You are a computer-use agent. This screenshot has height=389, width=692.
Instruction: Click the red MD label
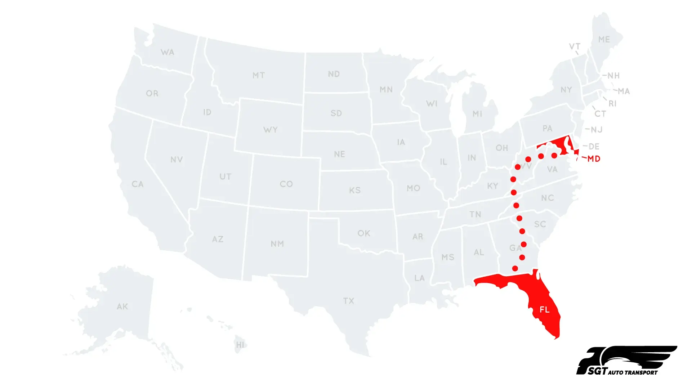[594, 159]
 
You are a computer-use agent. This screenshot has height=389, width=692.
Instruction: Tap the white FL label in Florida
[544, 310]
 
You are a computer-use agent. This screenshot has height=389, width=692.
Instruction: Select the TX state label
[349, 301]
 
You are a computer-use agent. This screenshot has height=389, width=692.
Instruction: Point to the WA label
[168, 53]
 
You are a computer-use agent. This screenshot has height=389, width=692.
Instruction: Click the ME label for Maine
[604, 40]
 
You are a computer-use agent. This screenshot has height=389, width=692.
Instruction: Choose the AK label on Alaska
[122, 307]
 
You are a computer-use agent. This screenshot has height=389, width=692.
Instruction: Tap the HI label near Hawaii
[240, 345]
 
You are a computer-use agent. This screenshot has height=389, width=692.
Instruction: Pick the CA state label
[138, 184]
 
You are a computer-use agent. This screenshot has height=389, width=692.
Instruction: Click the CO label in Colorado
[286, 184]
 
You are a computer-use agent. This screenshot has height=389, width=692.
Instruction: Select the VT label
[575, 46]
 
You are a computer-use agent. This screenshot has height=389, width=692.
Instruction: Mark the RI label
[612, 104]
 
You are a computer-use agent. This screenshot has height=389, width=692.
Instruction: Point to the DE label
[594, 147]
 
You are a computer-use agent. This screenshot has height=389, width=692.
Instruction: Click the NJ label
[597, 130]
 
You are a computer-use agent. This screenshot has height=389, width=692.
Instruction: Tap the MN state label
[386, 90]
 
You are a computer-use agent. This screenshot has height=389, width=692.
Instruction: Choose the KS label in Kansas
[355, 190]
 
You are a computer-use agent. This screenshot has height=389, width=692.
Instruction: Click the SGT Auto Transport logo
[626, 361]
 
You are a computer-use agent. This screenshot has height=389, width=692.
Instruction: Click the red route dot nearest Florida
[515, 268]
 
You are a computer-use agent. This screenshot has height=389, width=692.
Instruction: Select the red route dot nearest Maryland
[554, 156]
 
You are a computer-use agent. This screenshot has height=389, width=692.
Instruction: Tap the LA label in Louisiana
[419, 278]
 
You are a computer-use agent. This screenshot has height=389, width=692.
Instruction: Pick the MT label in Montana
[259, 76]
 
